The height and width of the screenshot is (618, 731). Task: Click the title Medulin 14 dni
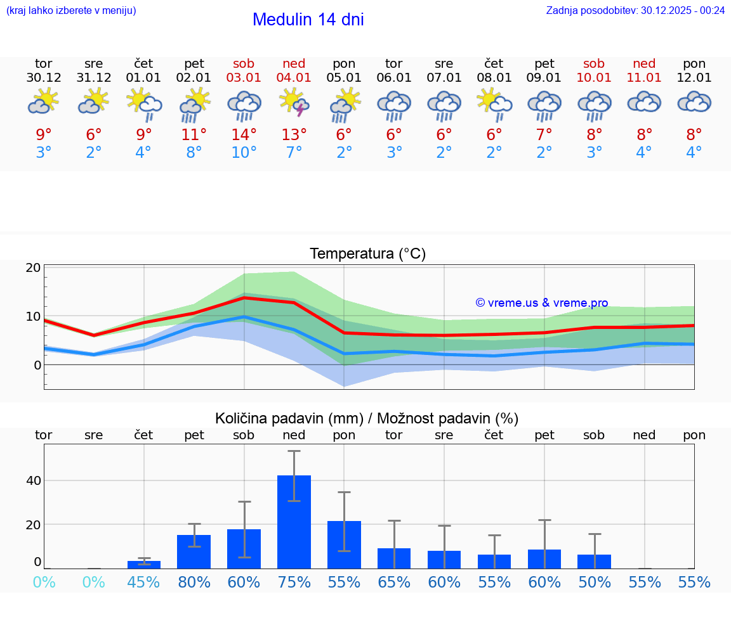click(x=308, y=20)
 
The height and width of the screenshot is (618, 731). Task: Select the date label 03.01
click(x=244, y=78)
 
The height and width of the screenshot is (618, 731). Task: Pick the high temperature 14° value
click(x=244, y=134)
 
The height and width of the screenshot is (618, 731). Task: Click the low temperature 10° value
click(x=244, y=153)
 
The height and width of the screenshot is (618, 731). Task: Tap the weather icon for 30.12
click(x=43, y=102)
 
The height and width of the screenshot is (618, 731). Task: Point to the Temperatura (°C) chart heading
click(x=367, y=254)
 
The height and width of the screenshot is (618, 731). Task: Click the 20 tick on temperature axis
click(x=34, y=267)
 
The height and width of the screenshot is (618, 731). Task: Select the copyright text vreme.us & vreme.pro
click(x=542, y=303)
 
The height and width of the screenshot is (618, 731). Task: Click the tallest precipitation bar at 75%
click(x=294, y=522)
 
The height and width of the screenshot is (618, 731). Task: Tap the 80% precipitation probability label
click(x=194, y=582)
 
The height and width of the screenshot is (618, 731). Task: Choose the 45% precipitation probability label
click(x=143, y=582)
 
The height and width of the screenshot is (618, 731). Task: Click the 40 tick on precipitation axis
click(x=34, y=480)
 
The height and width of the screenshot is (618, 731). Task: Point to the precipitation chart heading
click(x=367, y=418)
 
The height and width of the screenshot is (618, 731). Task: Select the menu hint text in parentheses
click(x=71, y=10)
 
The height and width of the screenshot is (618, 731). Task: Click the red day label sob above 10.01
click(x=594, y=63)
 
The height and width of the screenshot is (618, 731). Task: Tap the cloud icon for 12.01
click(x=694, y=102)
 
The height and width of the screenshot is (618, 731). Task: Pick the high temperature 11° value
click(x=194, y=134)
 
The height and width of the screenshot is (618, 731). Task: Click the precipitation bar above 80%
click(x=194, y=551)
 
